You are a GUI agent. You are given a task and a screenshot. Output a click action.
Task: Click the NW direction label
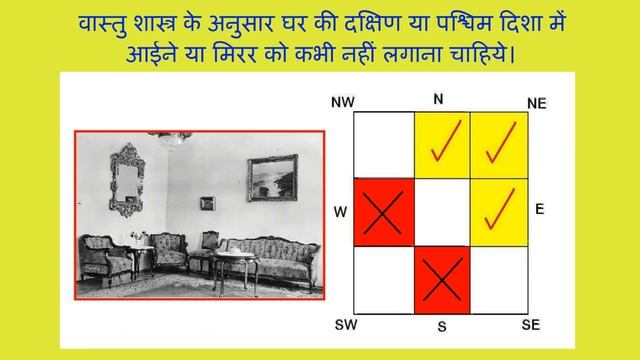tap(343, 102)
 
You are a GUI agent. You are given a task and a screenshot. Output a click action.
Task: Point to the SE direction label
tap(531, 326)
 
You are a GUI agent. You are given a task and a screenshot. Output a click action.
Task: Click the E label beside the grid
tap(539, 209)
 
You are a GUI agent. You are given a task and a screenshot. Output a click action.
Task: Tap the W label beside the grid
tap(340, 212)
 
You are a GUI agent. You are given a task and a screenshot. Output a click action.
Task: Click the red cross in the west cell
tap(384, 212)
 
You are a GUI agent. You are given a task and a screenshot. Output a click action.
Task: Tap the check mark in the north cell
tap(442, 145)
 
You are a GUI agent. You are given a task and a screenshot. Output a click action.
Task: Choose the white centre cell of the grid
tap(442, 212)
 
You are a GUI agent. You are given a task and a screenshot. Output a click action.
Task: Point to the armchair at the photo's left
tap(105, 257)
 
